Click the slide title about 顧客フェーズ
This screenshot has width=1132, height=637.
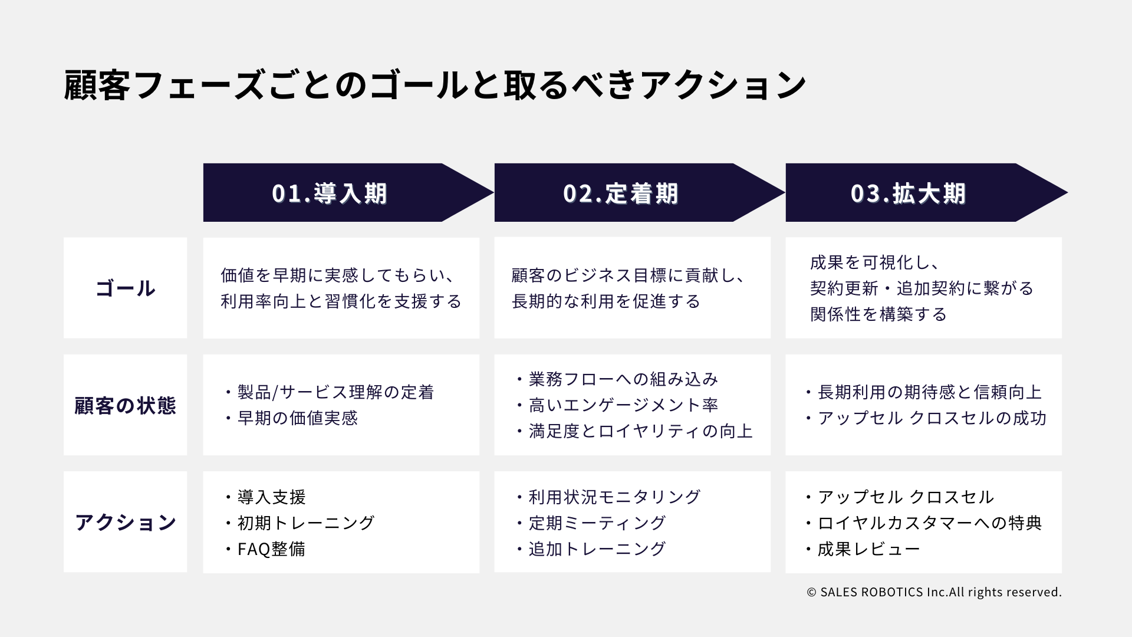435,86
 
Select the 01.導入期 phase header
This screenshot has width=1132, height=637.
348,192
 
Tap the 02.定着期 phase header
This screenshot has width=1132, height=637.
639,192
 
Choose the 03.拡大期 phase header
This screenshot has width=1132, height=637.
926,192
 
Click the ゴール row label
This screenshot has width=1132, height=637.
125,288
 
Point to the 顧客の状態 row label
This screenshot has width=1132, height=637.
125,405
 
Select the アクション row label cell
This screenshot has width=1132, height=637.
125,522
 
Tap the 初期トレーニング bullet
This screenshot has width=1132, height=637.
299,523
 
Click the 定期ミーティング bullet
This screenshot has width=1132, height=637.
590,523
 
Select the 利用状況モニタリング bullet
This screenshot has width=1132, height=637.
607,497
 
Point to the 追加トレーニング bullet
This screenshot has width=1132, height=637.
590,549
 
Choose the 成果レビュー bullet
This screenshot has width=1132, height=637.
862,549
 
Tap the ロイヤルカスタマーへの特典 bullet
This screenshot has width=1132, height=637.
923,523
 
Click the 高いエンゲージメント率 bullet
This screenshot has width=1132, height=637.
616,405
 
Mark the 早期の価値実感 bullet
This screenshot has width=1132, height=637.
290,418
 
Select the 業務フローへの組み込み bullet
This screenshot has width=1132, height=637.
616,379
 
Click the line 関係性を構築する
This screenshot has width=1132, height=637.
878,314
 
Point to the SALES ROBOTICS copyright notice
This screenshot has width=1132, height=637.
934,592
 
